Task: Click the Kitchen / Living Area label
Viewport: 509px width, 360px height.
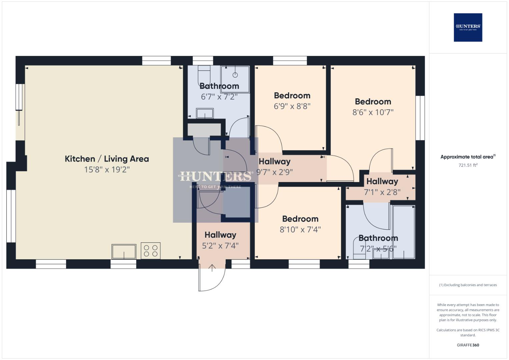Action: coord(107,159)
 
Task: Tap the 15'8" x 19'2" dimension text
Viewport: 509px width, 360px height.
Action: coord(107,170)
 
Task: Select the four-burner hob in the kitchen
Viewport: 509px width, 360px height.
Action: coord(151,251)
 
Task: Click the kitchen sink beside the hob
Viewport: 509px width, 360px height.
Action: coord(124,251)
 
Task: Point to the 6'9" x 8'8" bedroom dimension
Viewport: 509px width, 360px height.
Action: coord(292,106)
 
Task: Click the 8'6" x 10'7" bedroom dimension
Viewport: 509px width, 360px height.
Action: coord(373,112)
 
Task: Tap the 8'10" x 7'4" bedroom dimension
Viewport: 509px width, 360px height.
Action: coord(300,230)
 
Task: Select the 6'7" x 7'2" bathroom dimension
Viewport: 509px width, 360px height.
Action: coord(219,97)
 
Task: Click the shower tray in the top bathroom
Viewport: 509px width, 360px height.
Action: coord(235,79)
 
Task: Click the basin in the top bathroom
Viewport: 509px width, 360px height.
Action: coord(205,113)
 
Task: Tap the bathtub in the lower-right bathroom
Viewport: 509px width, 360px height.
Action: coord(404,232)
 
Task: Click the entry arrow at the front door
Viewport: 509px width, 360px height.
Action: coord(212,268)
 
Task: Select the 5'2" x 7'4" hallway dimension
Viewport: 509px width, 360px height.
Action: coord(220,246)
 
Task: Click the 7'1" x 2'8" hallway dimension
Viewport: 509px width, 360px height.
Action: coord(382,192)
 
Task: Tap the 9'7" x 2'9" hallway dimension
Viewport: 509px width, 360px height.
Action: coord(274,172)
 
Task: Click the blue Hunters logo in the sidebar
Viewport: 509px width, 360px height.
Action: coord(468,27)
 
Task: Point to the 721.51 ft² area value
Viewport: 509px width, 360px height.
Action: coord(468,165)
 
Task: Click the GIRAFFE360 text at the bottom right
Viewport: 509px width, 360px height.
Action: coord(468,345)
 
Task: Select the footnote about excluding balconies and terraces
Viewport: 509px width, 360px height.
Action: coord(468,285)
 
